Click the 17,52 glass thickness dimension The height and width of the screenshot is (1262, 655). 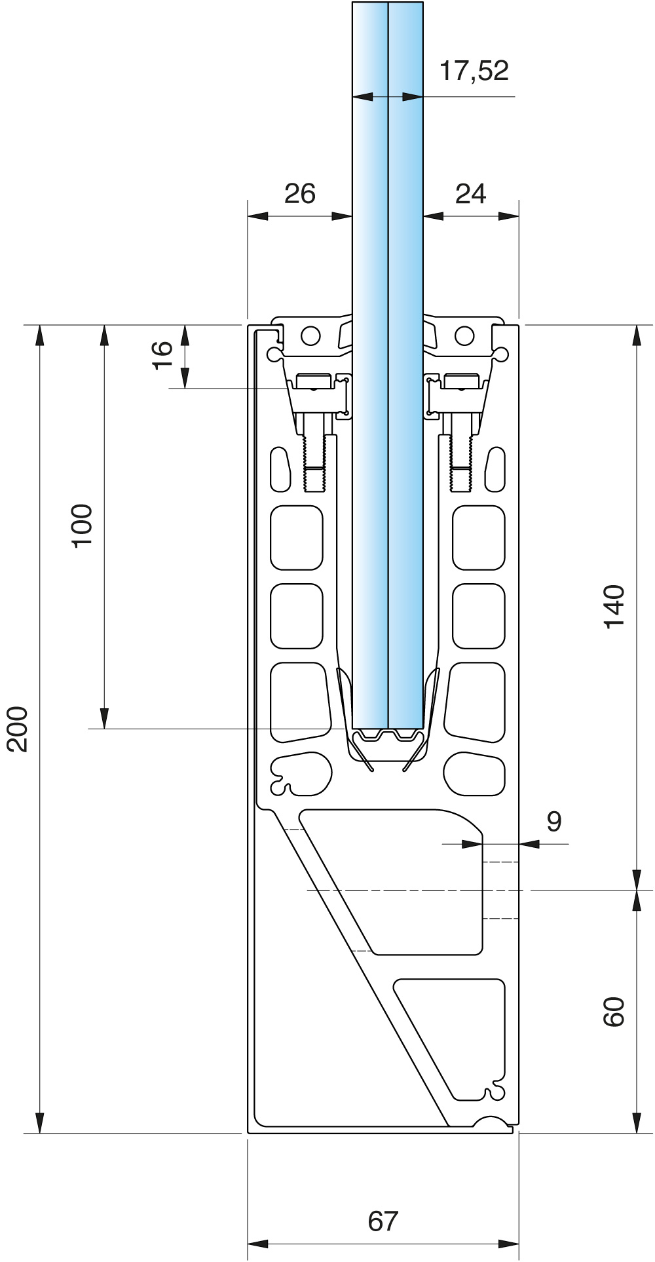click(x=474, y=70)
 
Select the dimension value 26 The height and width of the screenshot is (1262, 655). click(x=300, y=193)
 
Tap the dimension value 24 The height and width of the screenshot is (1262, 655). click(x=471, y=193)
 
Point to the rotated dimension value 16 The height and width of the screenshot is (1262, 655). click(x=162, y=355)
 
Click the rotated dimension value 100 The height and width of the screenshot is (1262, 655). click(x=83, y=526)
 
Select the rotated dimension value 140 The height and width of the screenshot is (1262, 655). click(x=614, y=607)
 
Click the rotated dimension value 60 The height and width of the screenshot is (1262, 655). click(x=614, y=1012)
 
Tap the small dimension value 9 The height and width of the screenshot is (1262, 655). click(x=554, y=821)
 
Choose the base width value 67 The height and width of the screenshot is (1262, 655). click(x=383, y=1221)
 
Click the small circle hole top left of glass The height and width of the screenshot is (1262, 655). click(x=310, y=335)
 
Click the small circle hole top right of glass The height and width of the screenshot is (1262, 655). click(x=464, y=335)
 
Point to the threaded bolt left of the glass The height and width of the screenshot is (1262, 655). click(x=315, y=459)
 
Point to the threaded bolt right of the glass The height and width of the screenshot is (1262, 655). click(x=461, y=459)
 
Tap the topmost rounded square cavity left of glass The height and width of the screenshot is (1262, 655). click(x=297, y=537)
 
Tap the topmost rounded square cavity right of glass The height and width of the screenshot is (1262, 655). click(x=479, y=537)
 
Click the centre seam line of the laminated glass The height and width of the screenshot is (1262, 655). click(x=388, y=393)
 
